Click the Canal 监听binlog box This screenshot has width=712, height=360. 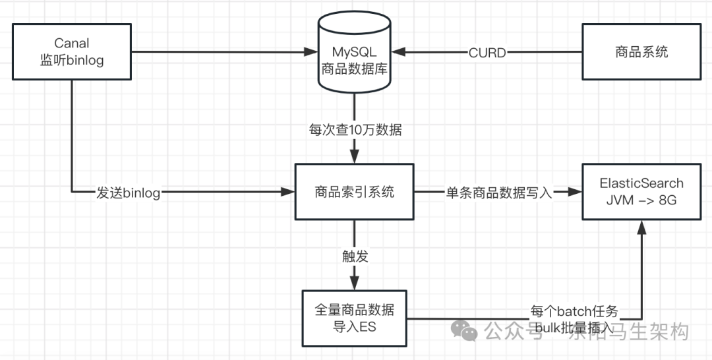coord(71,51)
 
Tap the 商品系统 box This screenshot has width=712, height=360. coord(641,51)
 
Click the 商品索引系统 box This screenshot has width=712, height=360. coord(355,192)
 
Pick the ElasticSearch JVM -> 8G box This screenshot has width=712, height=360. coord(641,192)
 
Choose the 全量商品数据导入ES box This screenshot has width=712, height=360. coord(355,318)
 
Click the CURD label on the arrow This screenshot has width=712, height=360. coord(487,53)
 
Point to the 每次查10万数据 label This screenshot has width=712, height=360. coord(355,131)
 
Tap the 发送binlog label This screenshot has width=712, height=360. coord(128,193)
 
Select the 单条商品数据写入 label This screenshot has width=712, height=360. coord(499,193)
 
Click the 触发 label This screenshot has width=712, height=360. coord(355,257)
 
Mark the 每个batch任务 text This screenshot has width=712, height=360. coord(574,311)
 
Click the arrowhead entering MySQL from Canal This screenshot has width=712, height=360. coord(311,51)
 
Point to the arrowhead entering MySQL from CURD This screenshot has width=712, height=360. coord(400,52)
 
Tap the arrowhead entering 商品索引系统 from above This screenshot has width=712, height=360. coord(355,158)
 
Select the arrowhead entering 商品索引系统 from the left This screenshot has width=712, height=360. coord(287,192)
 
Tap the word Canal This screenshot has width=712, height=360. coord(71,44)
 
